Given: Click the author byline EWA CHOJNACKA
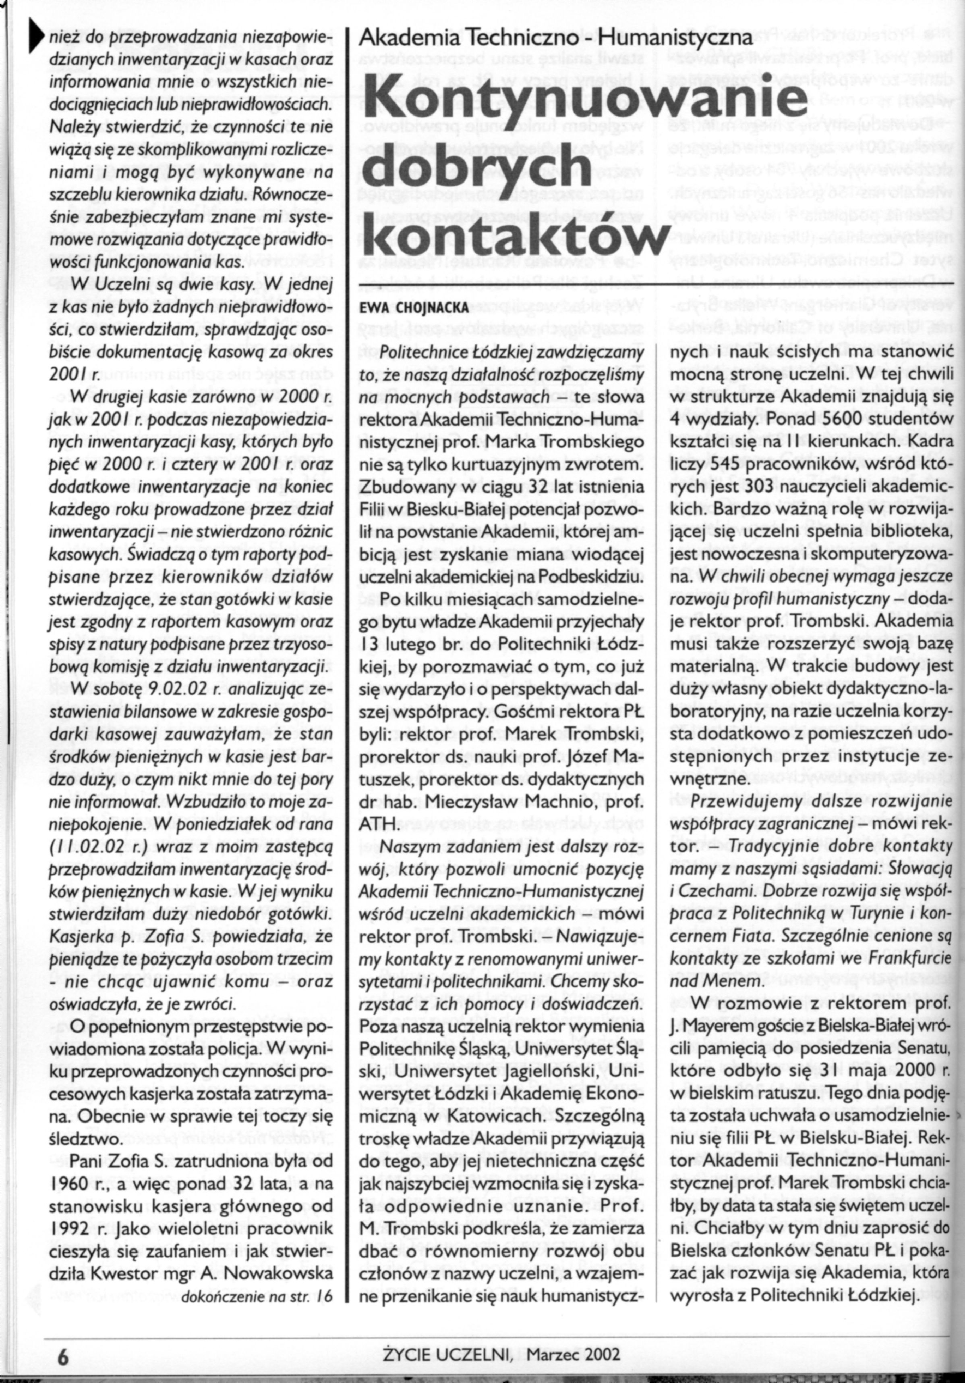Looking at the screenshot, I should coord(414,308).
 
